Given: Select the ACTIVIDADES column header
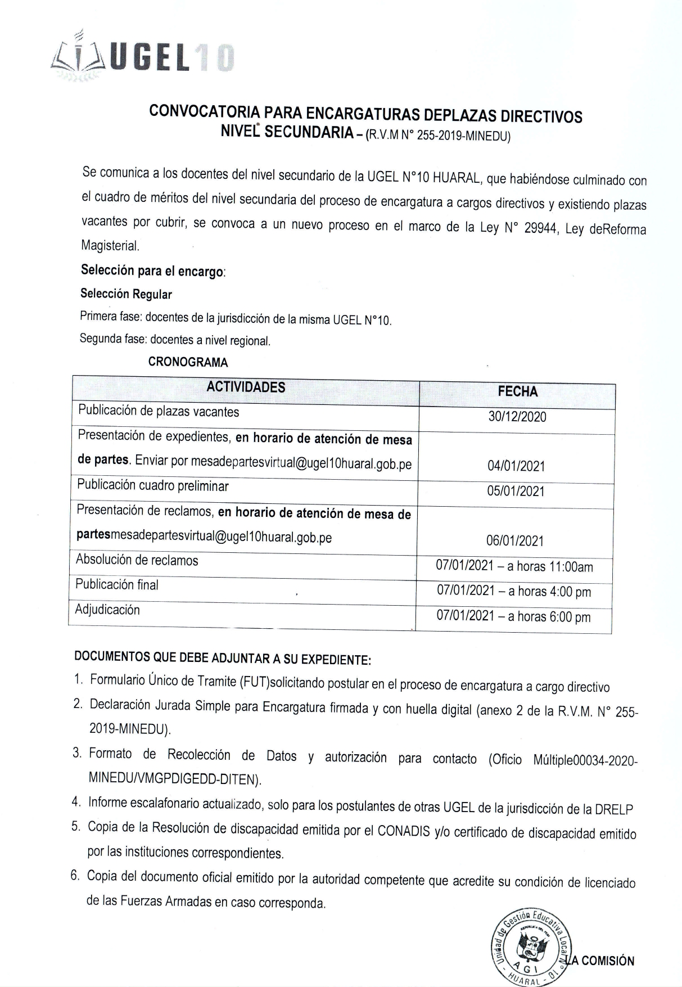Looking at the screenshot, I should point(246,387).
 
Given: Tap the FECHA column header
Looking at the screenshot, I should point(517,391).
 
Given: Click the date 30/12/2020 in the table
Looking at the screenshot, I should point(517,417).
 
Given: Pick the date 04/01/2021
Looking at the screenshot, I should point(516,466).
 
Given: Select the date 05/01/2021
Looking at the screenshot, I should point(516,491).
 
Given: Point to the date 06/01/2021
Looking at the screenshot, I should point(515,541).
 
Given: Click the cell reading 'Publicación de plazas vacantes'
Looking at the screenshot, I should point(159,411).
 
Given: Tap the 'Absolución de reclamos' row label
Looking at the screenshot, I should point(137,560).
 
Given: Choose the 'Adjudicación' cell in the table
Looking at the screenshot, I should point(107,610).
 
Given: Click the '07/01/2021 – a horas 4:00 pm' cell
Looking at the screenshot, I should point(514,591).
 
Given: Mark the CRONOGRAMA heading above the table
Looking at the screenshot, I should point(188,362).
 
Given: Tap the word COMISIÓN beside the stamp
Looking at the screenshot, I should point(608,961).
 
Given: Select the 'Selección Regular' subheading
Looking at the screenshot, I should point(126,294).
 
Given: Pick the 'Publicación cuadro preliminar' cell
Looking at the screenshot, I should point(153,485).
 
